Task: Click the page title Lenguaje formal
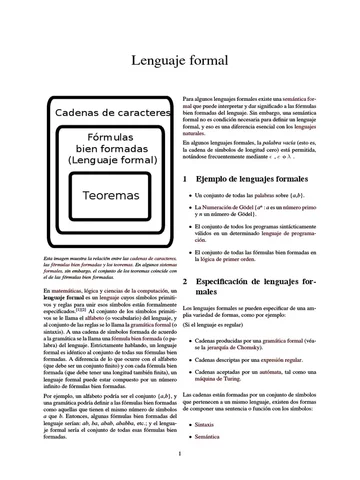[x=180, y=62]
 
